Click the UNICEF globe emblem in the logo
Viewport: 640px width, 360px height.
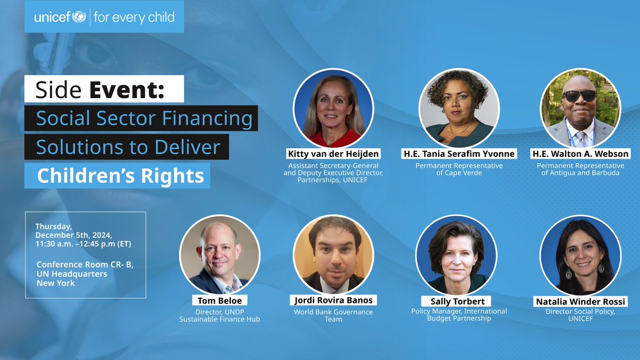(78, 17)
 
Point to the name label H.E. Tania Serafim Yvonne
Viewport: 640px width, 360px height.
(459, 154)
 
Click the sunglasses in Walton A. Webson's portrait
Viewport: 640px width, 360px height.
(580, 95)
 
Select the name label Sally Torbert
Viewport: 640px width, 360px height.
(457, 301)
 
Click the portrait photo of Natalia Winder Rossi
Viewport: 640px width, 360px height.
(580, 255)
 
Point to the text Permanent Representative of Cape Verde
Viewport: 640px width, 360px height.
(459, 169)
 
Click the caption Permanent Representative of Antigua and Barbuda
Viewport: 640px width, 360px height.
(580, 169)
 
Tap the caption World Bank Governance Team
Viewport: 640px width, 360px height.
(333, 315)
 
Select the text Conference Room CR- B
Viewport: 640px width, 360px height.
(85, 265)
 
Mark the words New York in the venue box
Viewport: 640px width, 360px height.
(55, 283)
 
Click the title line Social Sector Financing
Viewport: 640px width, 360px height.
(144, 118)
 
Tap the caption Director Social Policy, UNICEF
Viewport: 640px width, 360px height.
(580, 315)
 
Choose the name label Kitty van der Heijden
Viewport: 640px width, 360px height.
(333, 154)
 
